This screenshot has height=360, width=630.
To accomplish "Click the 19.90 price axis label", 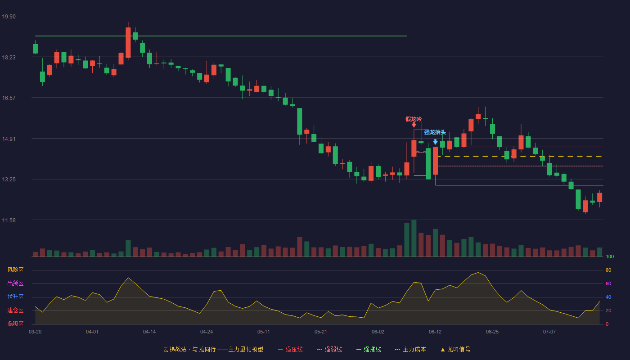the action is coord(9,17).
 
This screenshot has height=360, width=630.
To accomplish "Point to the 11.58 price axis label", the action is coord(9,220).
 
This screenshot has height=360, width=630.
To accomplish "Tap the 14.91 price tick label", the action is coord(9,139).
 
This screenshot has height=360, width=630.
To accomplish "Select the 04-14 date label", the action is coord(149,332).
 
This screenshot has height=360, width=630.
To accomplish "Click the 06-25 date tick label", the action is coord(492,332).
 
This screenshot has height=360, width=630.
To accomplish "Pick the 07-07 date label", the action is coord(549,332).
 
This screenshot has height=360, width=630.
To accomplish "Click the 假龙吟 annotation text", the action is coord(414,119).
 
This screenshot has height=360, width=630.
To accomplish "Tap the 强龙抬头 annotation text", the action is coord(435,132).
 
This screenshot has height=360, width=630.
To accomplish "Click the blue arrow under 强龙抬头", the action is coord(435,142).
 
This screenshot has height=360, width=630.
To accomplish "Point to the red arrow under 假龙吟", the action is coord(414,125).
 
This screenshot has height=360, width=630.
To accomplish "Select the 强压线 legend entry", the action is coord(290,349).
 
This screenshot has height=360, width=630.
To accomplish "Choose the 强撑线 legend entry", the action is coord(369,349).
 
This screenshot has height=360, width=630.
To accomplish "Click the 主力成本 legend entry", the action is coord(410,349).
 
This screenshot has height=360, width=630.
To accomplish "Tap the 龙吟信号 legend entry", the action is coord(455,349).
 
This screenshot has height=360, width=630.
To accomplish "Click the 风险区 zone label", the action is coord(15,270).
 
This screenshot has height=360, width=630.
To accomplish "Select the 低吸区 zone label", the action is coord(15,324).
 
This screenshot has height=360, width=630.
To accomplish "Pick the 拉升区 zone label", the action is coord(15,297).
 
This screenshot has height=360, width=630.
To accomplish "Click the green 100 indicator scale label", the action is coord(610,256).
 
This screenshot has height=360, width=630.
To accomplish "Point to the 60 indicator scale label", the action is coord(608,283).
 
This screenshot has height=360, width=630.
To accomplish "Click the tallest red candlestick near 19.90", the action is coord(128,42).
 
